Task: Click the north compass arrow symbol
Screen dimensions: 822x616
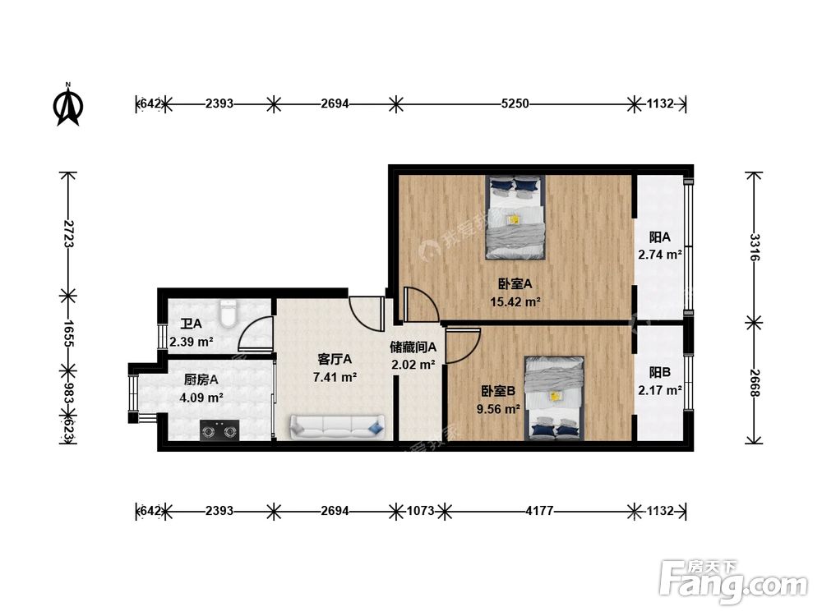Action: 68,105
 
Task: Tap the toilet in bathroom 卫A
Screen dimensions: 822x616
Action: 229,312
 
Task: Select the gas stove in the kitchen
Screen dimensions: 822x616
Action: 219,430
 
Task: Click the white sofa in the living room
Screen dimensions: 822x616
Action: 337,427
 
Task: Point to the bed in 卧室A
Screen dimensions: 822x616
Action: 516,218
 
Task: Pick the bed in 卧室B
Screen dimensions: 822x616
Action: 555,398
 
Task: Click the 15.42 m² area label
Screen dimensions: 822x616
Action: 515,301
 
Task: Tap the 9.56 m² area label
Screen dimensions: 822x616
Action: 498,408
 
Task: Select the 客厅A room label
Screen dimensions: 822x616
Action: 335,359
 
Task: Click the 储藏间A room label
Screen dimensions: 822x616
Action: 413,347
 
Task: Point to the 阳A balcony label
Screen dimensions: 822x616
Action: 659,237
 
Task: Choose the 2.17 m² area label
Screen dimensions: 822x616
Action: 659,390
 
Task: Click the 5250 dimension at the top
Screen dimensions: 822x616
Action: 515,103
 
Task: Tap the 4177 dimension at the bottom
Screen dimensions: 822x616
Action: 539,510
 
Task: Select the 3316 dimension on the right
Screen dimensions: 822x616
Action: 755,247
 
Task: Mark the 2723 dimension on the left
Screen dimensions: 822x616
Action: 69,234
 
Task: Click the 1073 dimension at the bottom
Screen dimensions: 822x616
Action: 420,510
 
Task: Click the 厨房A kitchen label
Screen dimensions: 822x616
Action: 201,379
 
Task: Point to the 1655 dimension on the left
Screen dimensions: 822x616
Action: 69,333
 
